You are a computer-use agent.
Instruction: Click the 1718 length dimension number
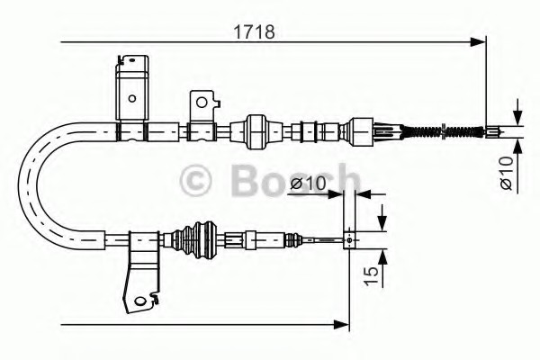(254, 32)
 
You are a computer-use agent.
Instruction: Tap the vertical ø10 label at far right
(507, 173)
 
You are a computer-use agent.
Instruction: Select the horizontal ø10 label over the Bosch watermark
(308, 184)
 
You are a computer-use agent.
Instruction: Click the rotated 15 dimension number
(371, 275)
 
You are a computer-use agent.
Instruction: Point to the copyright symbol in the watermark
(195, 181)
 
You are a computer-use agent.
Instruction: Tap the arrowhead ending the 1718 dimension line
(478, 42)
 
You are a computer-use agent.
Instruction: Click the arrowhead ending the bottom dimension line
(341, 324)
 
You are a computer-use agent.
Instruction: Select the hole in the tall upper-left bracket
(132, 98)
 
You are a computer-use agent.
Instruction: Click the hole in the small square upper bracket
(202, 103)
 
